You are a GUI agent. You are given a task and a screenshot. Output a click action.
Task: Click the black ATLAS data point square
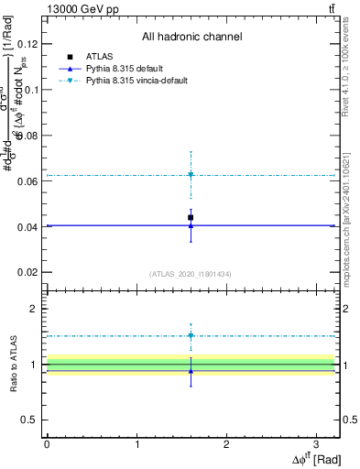191,217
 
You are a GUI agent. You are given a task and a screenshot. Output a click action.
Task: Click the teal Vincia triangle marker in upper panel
191,174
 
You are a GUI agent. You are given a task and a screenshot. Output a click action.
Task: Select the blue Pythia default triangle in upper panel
191,225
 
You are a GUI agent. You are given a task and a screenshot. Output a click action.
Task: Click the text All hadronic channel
191,38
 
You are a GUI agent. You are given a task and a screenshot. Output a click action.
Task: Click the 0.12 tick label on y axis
29,44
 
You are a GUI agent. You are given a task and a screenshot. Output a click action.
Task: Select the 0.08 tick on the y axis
29,136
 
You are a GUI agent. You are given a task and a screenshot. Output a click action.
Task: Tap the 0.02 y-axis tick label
29,273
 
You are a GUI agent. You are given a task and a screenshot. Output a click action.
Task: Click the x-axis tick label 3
316,443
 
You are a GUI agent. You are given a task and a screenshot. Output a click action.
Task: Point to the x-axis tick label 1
136,443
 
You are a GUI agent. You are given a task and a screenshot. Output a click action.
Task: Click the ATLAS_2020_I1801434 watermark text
191,274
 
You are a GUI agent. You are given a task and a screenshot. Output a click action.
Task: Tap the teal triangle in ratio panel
191,335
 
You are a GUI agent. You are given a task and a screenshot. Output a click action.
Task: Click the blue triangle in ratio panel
191,371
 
